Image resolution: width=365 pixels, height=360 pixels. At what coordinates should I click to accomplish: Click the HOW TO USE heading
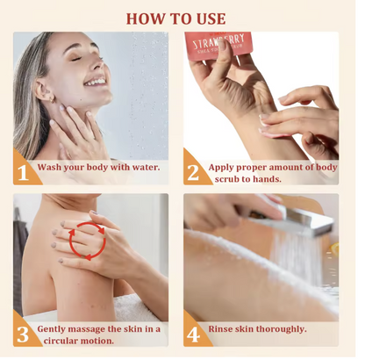click(175, 18)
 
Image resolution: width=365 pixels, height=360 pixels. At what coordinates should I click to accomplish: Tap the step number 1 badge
click(24, 172)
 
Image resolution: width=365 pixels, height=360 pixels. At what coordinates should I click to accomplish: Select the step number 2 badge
click(194, 172)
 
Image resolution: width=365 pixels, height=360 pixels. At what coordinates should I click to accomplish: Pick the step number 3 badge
click(24, 334)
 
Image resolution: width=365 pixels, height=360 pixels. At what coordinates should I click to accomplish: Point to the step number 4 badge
click(194, 334)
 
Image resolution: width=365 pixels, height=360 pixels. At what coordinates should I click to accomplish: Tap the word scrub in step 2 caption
click(229, 179)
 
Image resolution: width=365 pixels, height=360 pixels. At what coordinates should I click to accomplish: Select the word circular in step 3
click(57, 341)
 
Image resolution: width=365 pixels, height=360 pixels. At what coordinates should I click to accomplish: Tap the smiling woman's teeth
click(96, 82)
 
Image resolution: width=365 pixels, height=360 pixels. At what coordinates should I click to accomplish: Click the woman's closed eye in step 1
click(75, 59)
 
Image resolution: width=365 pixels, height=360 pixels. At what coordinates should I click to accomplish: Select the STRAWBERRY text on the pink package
click(218, 42)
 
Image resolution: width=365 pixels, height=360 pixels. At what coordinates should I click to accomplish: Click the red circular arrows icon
click(88, 241)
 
